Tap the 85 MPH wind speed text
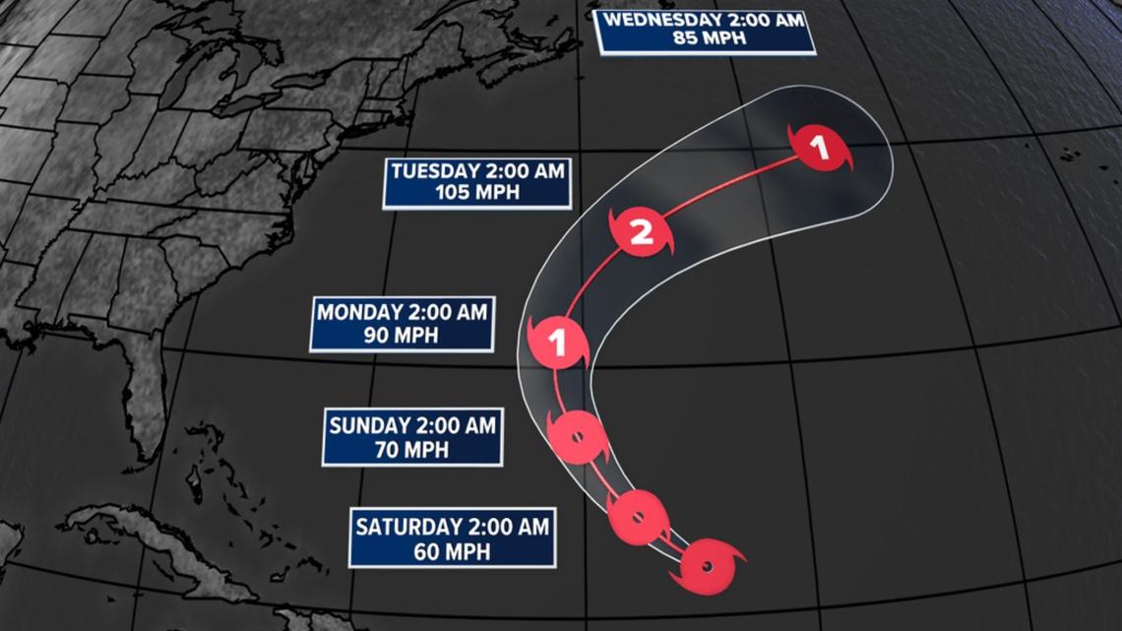(x=707, y=39)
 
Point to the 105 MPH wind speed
(x=477, y=192)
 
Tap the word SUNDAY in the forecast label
(x=369, y=426)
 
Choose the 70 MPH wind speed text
(x=412, y=449)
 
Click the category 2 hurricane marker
(x=641, y=233)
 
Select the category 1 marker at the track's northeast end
(x=819, y=150)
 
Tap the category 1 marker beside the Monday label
(x=558, y=344)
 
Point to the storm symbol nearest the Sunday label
(x=576, y=437)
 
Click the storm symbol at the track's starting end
(x=709, y=566)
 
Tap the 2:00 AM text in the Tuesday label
(x=525, y=171)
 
